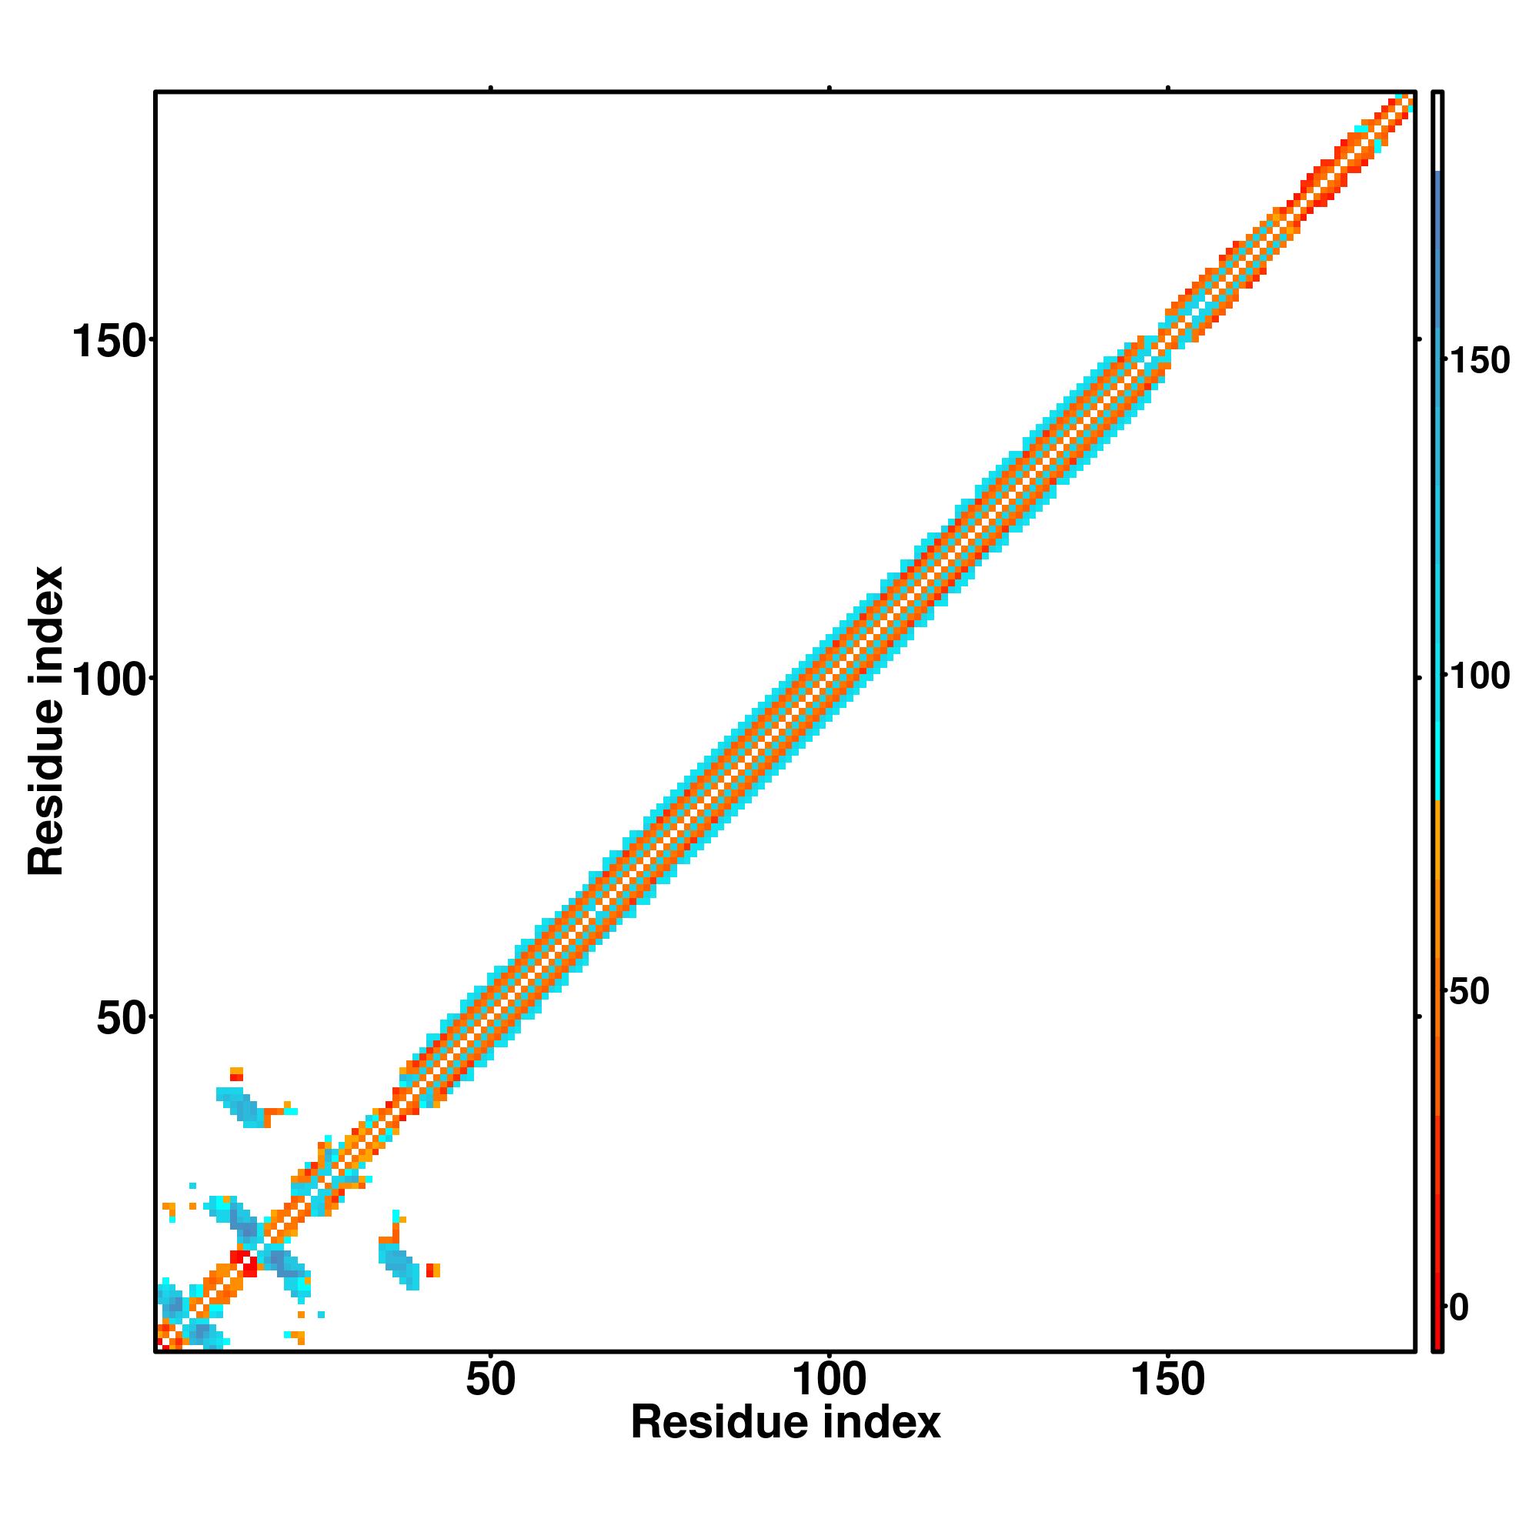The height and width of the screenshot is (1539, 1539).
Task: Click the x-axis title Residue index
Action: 786,1423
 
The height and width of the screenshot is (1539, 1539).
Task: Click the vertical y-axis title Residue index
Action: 45,721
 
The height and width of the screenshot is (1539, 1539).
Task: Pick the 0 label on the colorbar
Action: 1458,1308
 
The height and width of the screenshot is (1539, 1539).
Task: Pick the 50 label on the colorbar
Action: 1468,993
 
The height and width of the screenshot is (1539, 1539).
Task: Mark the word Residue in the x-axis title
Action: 721,1423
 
